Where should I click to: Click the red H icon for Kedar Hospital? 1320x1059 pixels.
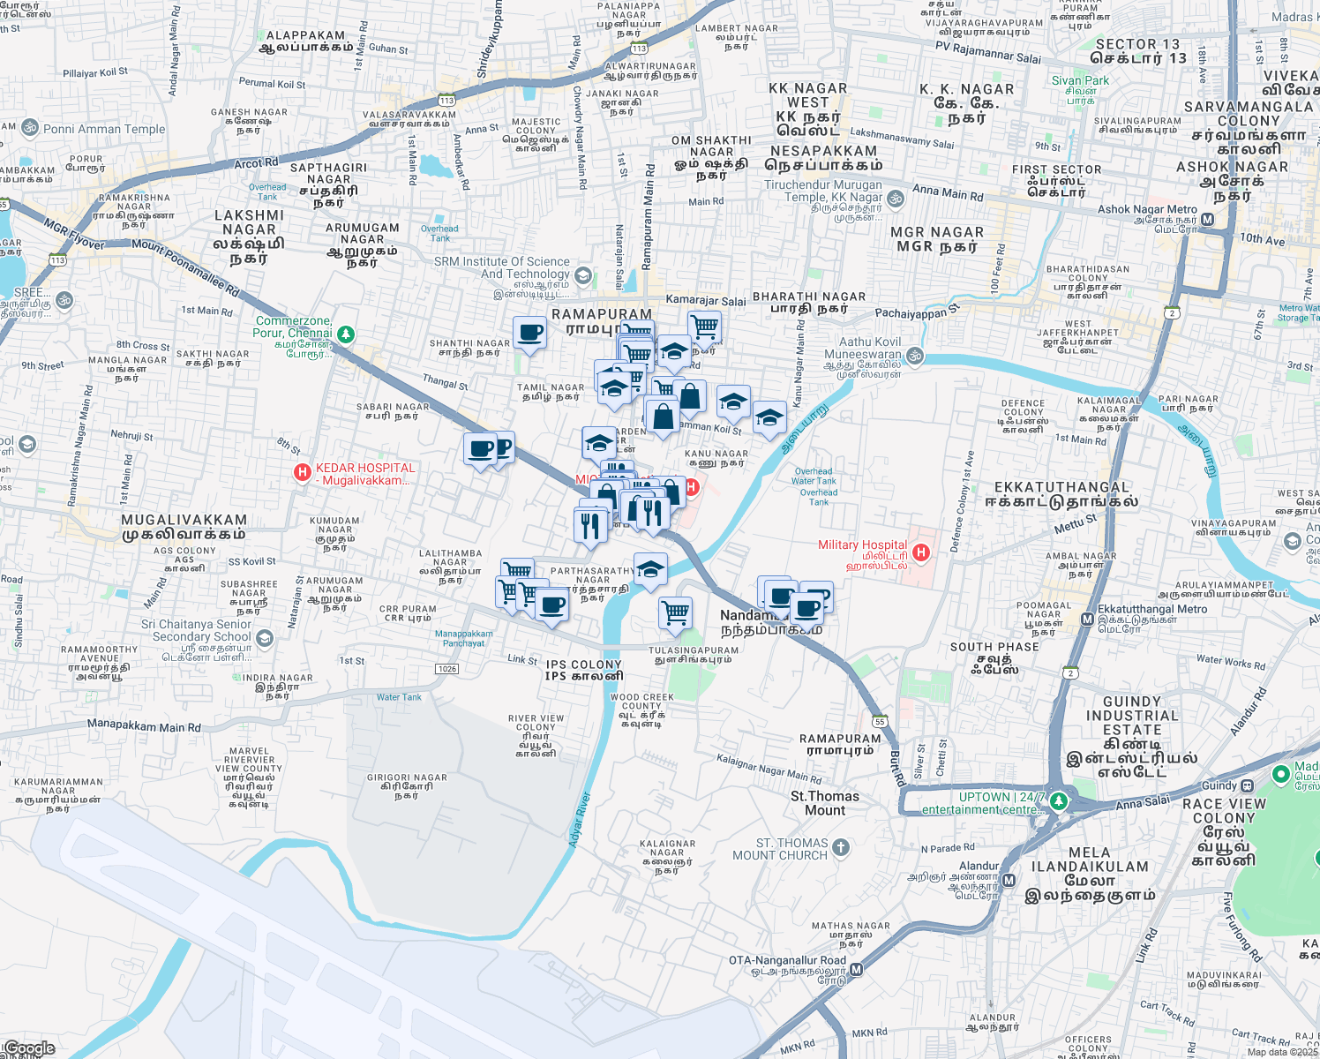click(x=303, y=474)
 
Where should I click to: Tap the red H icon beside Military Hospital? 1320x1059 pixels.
click(x=921, y=552)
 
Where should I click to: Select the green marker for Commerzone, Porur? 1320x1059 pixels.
click(x=346, y=334)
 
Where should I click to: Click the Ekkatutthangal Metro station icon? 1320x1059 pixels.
click(x=1087, y=620)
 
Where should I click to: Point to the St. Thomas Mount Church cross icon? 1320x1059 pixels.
click(x=841, y=848)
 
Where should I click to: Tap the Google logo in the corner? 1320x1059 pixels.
click(x=29, y=1048)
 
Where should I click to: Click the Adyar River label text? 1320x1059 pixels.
click(x=580, y=820)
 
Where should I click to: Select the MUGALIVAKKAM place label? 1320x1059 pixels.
click(x=184, y=527)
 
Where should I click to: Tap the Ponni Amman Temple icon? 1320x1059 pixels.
click(x=30, y=128)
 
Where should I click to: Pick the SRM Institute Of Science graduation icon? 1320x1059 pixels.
click(x=582, y=275)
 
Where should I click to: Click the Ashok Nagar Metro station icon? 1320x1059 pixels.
click(x=1207, y=219)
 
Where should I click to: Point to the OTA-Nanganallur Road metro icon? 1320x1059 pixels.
click(x=855, y=969)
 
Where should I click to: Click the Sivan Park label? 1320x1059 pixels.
click(x=1080, y=80)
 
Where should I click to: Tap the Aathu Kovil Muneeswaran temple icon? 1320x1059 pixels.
click(x=915, y=356)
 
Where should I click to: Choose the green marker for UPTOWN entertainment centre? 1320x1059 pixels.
click(x=1059, y=801)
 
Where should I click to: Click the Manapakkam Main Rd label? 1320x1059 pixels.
click(x=144, y=726)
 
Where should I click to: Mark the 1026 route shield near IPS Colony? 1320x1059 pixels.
click(x=447, y=669)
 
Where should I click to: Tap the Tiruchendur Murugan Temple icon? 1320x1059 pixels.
click(x=896, y=199)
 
